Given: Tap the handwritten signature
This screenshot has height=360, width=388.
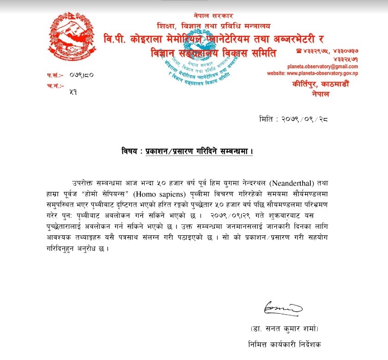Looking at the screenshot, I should (282, 307).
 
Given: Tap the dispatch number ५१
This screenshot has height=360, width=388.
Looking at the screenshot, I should (73, 92).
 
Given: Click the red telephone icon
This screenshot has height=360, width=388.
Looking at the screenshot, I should (300, 50).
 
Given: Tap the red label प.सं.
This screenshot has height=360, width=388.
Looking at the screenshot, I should (54, 75).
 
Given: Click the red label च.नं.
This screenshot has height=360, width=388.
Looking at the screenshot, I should (54, 86).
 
